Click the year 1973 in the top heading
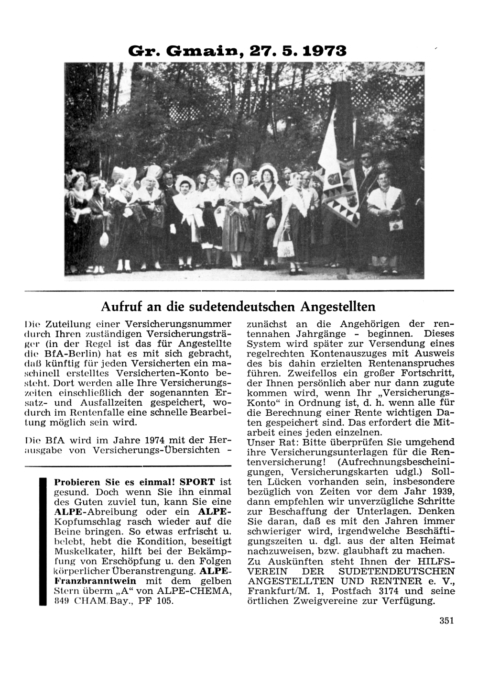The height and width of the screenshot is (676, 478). click(321, 51)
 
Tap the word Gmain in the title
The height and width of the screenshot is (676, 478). click(196, 51)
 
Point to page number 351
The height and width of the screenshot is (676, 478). click(445, 621)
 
